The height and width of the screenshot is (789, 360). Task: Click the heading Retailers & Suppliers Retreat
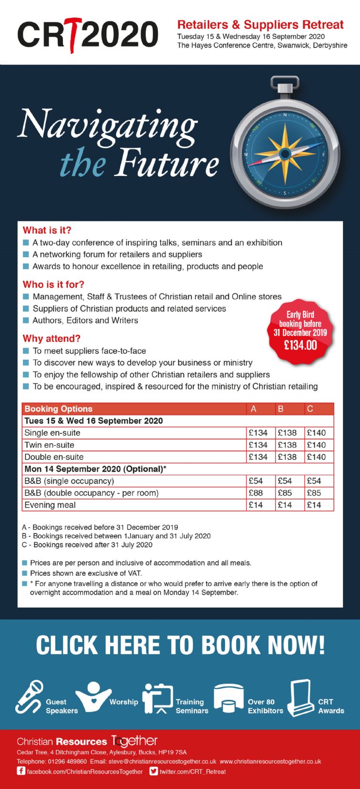point(260,25)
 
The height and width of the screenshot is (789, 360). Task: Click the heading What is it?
point(47,230)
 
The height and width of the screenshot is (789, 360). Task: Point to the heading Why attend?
point(51,339)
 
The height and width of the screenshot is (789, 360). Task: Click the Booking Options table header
point(59,409)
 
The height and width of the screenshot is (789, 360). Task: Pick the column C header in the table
point(310,409)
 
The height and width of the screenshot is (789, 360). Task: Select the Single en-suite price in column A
point(258,433)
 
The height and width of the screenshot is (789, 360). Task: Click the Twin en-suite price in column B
point(287,445)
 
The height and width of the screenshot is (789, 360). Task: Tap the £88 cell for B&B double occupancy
point(256,493)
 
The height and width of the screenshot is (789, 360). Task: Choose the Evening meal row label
point(50,505)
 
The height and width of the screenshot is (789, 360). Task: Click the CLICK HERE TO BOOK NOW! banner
point(180,645)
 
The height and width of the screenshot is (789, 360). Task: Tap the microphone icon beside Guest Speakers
point(29,697)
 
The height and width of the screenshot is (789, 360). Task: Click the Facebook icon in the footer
point(21,771)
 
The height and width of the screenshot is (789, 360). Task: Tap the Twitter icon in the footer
point(154,771)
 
